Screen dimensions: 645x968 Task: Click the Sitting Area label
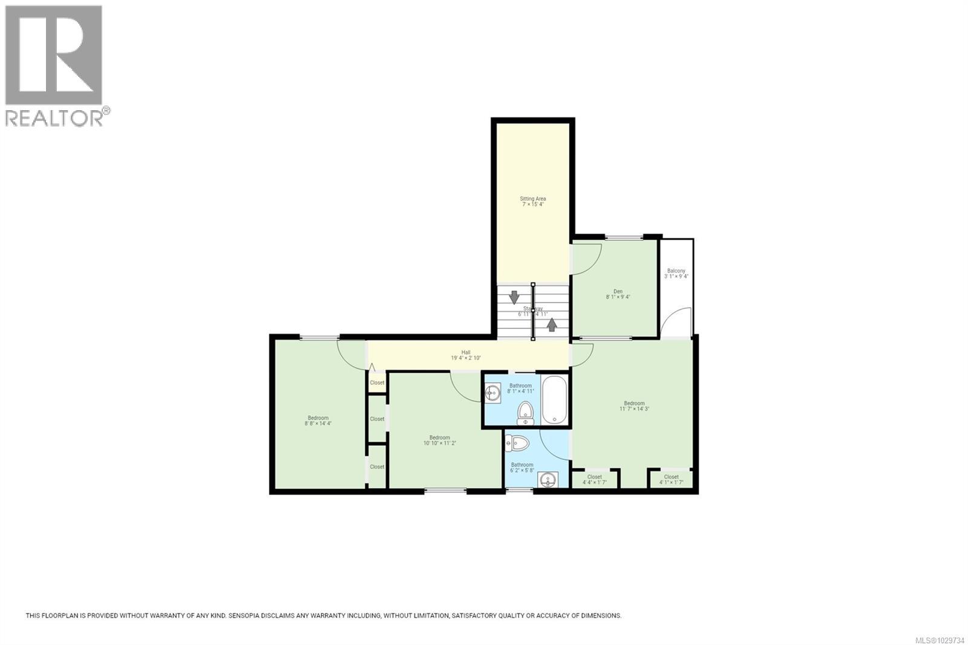point(533,201)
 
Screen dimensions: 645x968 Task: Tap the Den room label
point(618,294)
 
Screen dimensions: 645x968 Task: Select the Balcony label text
point(676,273)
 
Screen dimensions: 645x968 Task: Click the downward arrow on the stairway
point(514,297)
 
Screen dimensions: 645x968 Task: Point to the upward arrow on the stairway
point(552,325)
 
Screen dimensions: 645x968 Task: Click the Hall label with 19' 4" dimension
point(465,355)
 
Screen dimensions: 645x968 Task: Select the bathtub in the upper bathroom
point(554,401)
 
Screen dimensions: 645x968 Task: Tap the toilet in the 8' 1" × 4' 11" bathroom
point(526,413)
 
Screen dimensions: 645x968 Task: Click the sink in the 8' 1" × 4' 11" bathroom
point(492,393)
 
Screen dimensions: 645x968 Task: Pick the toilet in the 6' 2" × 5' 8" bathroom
point(518,443)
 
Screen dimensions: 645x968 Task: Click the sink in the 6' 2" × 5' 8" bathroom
point(548,480)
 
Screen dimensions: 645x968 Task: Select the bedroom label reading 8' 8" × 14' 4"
point(318,421)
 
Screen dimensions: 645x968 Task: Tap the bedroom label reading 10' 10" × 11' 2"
point(439,440)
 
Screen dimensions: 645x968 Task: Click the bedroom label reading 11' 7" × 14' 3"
point(634,406)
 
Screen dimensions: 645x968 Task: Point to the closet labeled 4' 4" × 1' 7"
point(595,479)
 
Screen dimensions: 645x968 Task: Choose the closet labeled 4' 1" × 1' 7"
point(670,479)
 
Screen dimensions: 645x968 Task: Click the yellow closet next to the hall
point(377,382)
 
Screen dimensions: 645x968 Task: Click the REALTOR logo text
point(54,117)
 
